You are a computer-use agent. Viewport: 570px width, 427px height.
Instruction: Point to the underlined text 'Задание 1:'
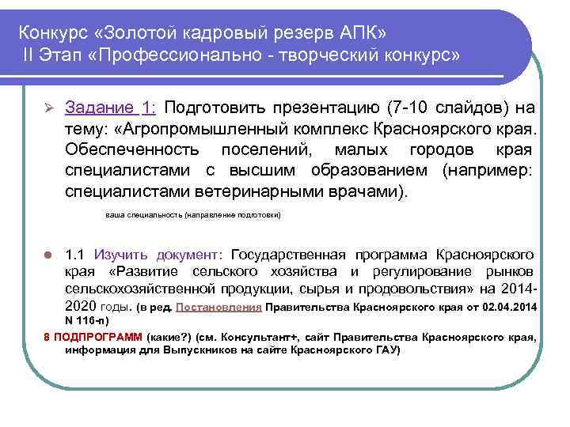click(110, 108)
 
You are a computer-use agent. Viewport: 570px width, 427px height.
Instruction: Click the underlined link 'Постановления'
click(219, 307)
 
